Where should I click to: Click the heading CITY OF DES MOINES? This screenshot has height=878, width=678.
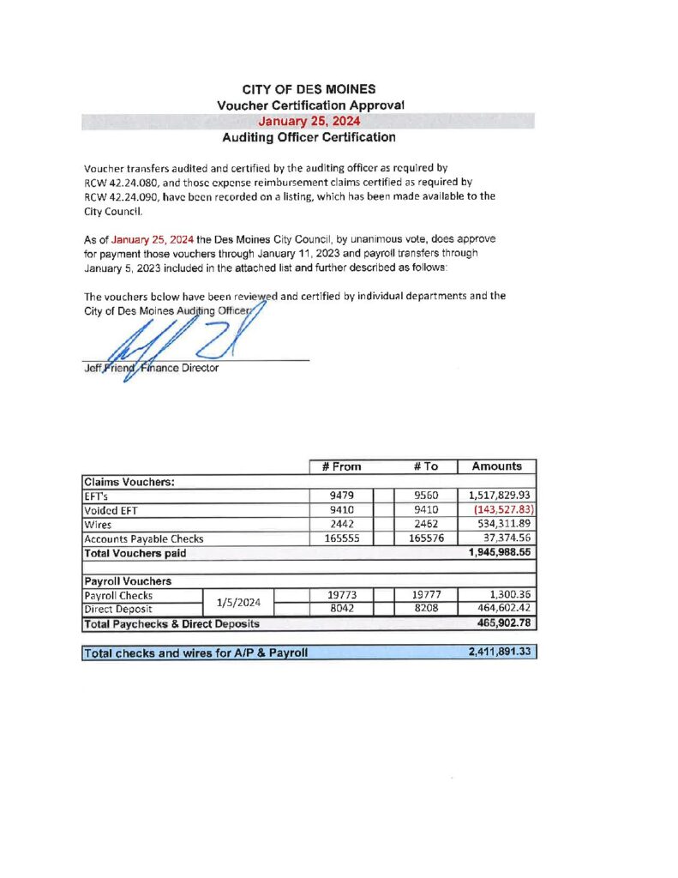coord(308,89)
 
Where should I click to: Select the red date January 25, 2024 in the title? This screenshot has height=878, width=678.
coord(308,121)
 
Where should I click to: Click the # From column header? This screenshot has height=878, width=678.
coord(341,466)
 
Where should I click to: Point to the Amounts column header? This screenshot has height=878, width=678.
coord(496,466)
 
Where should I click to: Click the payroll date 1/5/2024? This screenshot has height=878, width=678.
coord(233,602)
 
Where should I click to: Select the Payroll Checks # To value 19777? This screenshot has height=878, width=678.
coord(426,594)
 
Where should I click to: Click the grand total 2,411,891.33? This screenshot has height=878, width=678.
coord(501,652)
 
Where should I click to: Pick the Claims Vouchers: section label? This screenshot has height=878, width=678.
coord(129,481)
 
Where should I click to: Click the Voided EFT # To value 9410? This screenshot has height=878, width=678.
coord(426,510)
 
